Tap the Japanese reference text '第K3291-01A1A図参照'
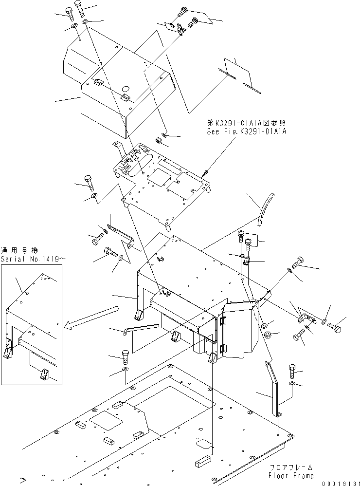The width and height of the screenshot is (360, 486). click(246, 123)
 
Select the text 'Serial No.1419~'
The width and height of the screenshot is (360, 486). click(31, 260)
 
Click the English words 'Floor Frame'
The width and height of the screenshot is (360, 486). click(291, 475)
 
